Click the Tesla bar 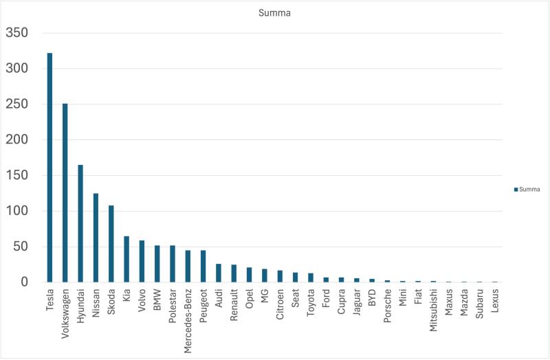(49, 168)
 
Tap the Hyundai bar (80, 223)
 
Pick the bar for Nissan (96, 238)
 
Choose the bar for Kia (126, 259)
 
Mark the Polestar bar (173, 264)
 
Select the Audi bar (219, 273)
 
